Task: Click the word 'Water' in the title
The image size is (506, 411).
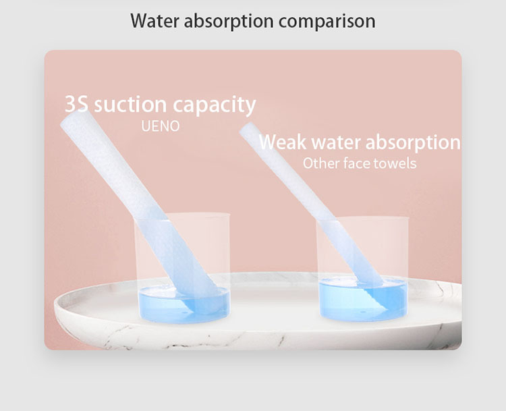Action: coord(154,21)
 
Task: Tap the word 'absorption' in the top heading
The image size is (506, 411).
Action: coord(229,22)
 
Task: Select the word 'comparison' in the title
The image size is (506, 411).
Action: coord(327,22)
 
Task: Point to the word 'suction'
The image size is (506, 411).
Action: coord(130,105)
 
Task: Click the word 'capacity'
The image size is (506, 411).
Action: coord(215,105)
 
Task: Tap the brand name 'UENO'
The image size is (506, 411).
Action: coord(161,126)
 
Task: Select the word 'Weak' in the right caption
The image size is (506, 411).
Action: coord(283,142)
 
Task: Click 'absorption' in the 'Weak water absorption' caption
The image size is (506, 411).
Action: coord(413,142)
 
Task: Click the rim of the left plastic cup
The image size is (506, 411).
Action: coord(181,215)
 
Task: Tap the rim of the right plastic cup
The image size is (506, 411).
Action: coord(362,218)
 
